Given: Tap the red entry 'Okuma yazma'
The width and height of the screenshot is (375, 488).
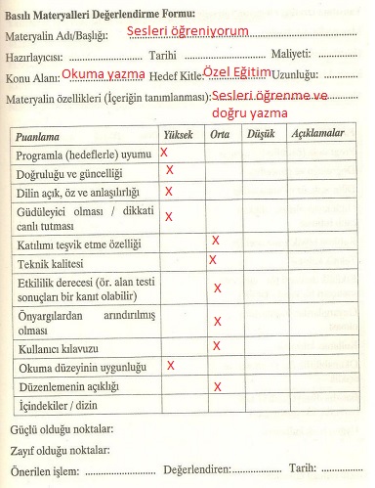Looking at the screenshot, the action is pos(103,74).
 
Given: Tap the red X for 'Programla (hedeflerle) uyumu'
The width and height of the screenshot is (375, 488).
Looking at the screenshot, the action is pos(164,153).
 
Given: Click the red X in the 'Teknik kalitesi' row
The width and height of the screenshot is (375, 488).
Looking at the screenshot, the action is pos(212,260).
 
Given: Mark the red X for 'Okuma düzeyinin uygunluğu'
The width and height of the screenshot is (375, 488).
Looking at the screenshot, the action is pos(171,365).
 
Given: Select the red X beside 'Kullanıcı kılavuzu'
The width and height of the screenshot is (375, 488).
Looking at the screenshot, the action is pos(216,344).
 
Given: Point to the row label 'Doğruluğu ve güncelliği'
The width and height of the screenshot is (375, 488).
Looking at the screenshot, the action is pos(73,173).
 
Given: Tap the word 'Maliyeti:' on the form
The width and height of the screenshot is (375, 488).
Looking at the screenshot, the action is pos(290,55).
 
